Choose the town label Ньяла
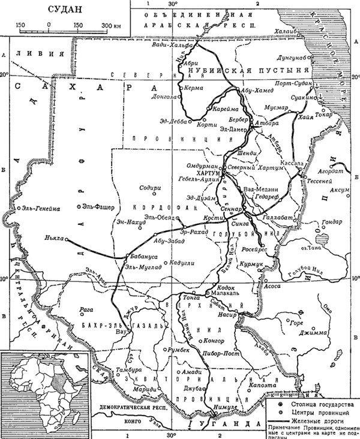(x=54, y=237)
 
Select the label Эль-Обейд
(x=157, y=217)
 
